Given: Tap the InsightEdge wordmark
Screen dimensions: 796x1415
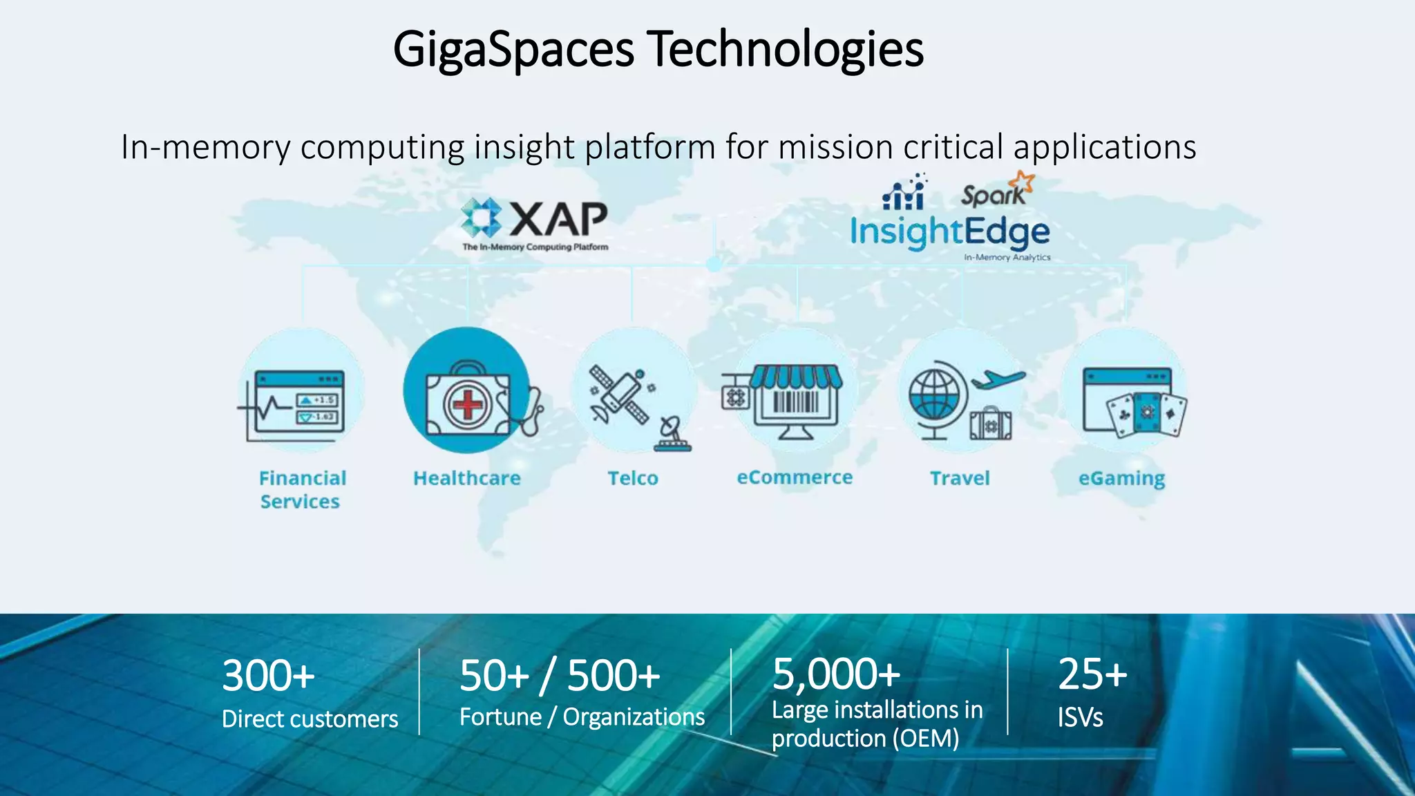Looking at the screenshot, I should click(x=949, y=232).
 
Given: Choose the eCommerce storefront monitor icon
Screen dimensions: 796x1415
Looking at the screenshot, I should click(x=796, y=401).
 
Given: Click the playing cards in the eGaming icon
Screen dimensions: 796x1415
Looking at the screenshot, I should click(x=1146, y=414).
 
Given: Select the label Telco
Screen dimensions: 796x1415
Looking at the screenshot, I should click(x=633, y=478).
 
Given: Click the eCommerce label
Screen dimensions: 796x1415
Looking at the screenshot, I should click(x=795, y=477).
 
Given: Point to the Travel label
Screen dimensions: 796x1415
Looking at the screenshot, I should click(x=960, y=478).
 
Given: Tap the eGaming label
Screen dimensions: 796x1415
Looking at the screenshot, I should click(x=1121, y=479).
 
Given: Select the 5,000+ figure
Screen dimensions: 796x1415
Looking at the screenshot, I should click(x=836, y=674).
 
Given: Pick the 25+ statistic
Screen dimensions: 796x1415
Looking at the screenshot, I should click(x=1092, y=674).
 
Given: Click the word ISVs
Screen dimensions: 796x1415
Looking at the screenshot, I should click(x=1080, y=717).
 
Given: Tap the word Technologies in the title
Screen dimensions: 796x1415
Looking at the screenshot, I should click(x=786, y=49).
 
